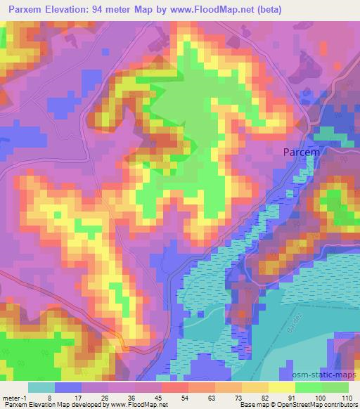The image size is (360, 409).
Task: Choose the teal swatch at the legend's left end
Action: tap(41, 387)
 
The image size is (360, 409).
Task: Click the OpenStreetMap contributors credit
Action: tap(317, 405)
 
